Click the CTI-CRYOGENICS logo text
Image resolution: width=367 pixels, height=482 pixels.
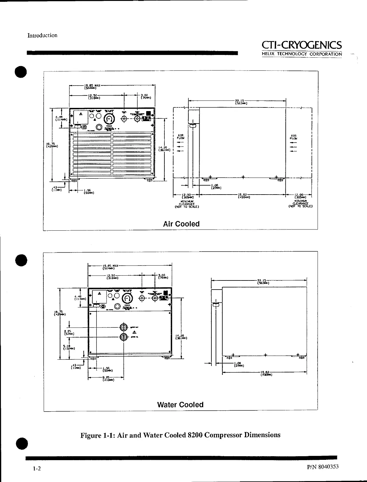click(302, 45)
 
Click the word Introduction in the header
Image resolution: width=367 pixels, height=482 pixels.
click(42, 36)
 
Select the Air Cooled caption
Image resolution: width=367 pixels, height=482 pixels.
click(181, 224)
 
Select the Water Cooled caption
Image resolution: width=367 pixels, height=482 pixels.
click(180, 405)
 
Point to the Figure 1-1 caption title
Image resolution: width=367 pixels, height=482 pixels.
click(180, 435)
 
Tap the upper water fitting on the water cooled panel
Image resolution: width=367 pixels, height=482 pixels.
click(123, 327)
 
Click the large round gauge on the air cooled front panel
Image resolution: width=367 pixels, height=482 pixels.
click(109, 119)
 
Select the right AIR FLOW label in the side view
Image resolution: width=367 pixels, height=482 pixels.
click(293, 137)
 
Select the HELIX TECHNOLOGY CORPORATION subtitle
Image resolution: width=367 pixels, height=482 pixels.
click(302, 54)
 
